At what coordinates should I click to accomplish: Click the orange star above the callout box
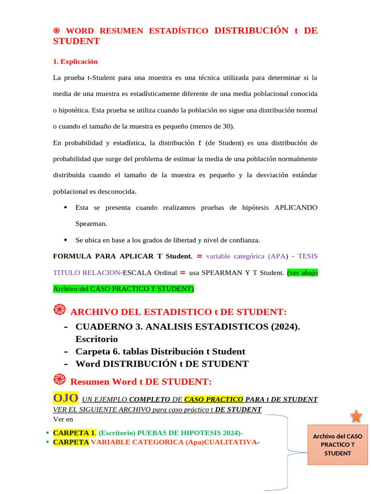(356, 416)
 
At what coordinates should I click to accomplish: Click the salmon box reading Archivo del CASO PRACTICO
(338, 444)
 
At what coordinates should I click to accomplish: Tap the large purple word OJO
(65, 398)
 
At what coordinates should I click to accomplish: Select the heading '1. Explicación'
(75, 61)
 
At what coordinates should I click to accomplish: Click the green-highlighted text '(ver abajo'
(302, 273)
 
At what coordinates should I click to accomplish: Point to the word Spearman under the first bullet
(91, 224)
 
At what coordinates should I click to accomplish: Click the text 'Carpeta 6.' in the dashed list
(99, 352)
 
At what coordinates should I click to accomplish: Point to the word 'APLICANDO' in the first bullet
(296, 207)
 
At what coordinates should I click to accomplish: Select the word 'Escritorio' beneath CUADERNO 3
(97, 339)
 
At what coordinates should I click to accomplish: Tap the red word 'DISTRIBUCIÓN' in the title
(248, 30)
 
